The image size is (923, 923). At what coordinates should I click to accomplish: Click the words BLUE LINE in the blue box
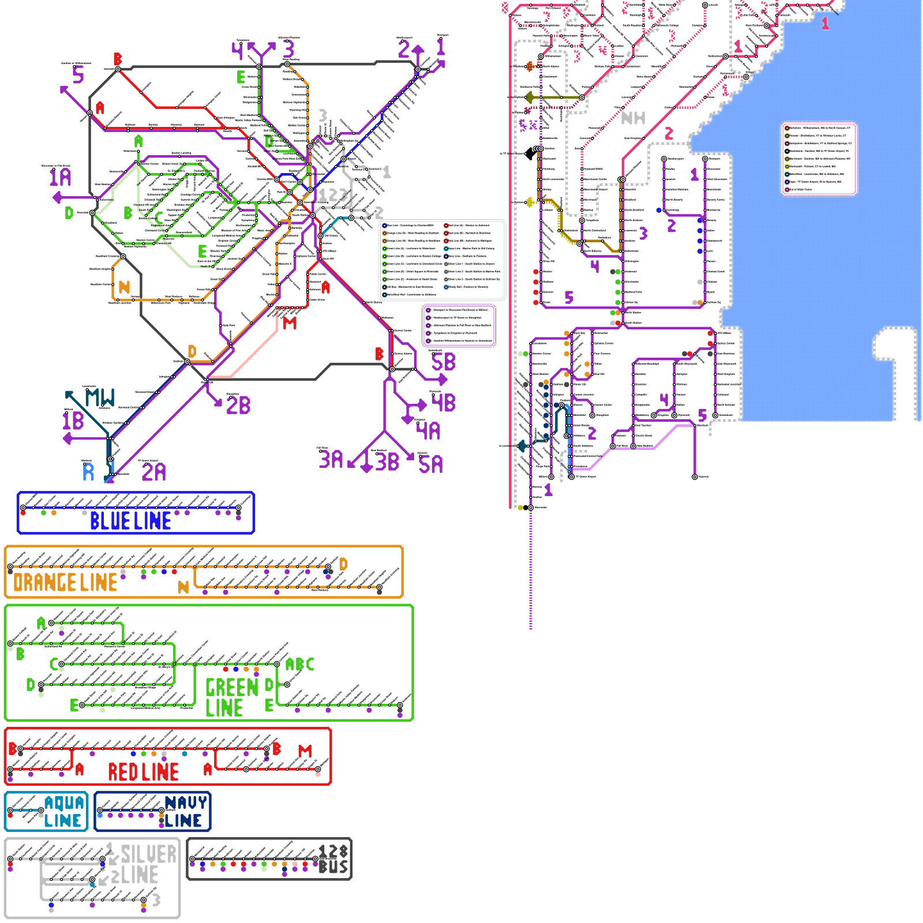point(130,521)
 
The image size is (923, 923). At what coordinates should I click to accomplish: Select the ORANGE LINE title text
point(65,583)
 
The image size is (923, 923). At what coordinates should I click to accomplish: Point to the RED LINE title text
point(143,772)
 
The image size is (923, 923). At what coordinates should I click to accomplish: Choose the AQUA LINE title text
point(63,812)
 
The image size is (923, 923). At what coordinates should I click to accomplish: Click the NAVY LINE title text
point(185,812)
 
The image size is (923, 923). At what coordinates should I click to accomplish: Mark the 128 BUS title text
point(333,860)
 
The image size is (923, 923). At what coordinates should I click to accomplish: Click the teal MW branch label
point(100,398)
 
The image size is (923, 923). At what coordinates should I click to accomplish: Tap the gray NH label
point(633,118)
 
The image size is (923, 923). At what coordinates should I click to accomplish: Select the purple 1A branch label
point(60,177)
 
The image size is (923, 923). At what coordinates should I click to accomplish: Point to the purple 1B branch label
point(73,421)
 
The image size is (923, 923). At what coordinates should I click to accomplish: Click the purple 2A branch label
point(153,472)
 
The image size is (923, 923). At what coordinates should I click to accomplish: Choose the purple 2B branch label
point(238,406)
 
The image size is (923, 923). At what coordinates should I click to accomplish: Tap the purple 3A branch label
point(331,460)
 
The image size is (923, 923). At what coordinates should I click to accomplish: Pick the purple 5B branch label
point(443,362)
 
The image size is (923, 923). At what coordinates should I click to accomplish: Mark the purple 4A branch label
point(429,431)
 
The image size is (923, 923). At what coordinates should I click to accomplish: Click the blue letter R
point(88,472)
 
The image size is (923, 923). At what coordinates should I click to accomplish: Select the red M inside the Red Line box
point(305,751)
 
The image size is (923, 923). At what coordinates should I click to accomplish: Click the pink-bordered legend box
point(819,159)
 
